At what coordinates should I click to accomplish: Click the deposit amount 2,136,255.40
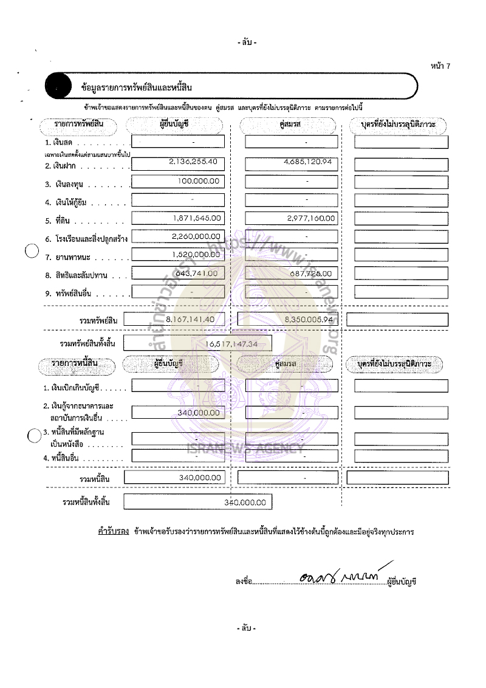tap(191, 162)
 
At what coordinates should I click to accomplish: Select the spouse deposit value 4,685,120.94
tap(307, 162)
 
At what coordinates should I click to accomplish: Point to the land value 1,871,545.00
tap(196, 218)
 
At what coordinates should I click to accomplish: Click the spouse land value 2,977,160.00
tap(309, 218)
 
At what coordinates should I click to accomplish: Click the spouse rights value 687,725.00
tap(313, 273)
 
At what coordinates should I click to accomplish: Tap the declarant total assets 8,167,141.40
tap(177, 318)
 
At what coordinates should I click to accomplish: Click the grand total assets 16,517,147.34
tap(233, 344)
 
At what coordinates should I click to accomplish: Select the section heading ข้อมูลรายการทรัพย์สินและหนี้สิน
tap(136, 89)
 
